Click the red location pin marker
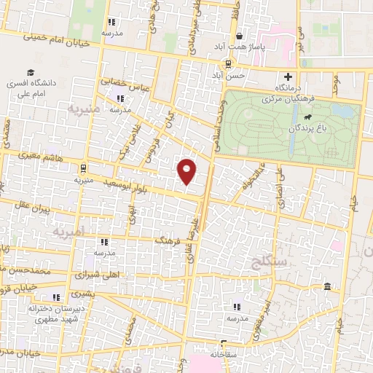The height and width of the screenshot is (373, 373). click(x=187, y=172)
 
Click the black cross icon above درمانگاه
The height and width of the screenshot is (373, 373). click(x=288, y=76)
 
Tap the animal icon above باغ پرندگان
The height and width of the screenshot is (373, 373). click(x=309, y=117)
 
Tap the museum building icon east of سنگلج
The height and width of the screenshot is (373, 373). click(x=328, y=285)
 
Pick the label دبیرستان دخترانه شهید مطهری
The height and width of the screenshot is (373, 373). click(x=53, y=314)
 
